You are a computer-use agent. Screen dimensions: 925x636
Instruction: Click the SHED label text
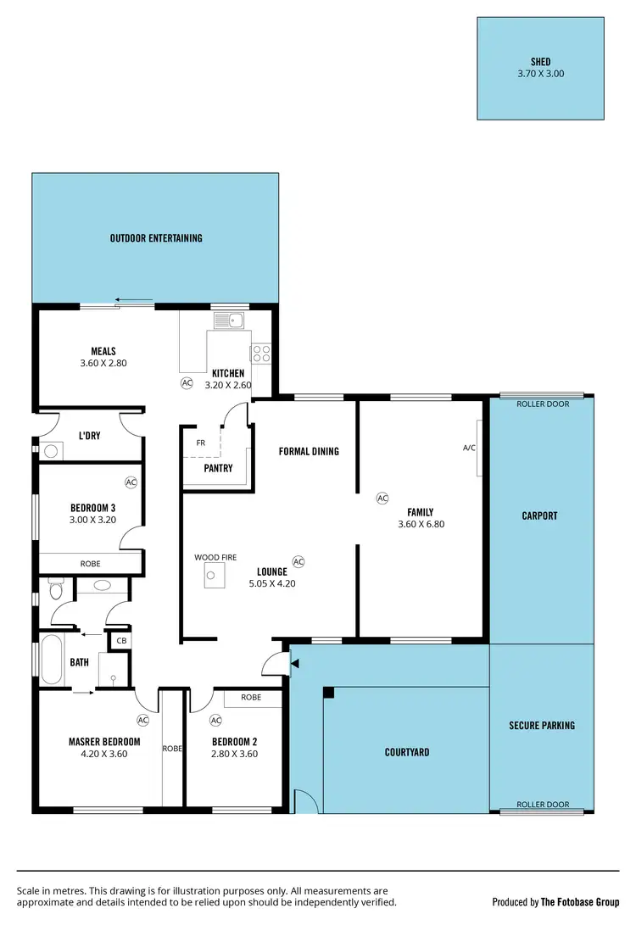pos(540,62)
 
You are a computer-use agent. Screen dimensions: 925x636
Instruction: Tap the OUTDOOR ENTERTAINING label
pos(156,238)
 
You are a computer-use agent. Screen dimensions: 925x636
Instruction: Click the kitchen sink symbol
pos(228,320)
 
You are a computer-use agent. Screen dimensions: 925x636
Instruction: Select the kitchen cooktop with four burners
pos(260,353)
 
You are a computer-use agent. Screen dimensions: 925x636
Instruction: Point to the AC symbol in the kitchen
pos(187,383)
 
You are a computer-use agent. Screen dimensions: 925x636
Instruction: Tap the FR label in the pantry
pos(200,443)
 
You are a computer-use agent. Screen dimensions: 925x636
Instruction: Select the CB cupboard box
pos(122,641)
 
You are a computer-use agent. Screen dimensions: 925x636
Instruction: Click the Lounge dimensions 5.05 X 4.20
pos(272,583)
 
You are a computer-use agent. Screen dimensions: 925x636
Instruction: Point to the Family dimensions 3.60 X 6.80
pos(421,524)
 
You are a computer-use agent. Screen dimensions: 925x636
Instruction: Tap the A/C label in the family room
pos(469,448)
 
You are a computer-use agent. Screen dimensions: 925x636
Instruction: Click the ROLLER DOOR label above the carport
pos(542,404)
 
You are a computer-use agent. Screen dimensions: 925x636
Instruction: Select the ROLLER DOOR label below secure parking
pos(542,805)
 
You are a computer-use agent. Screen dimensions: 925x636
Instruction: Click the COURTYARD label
pos(407,752)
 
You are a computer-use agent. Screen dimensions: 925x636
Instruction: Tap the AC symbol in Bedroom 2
pos(215,720)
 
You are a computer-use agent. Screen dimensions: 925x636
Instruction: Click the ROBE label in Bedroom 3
pos(90,563)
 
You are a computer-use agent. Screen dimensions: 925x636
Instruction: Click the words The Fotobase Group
pos(580,902)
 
